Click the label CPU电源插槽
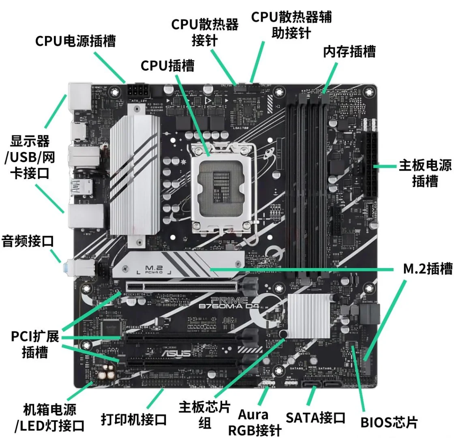tap(75, 41)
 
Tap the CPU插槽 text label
tap(167, 66)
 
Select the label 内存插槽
tap(349, 52)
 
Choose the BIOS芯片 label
tap(389, 422)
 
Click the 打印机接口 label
tap(134, 419)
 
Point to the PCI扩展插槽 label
tap(35, 344)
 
